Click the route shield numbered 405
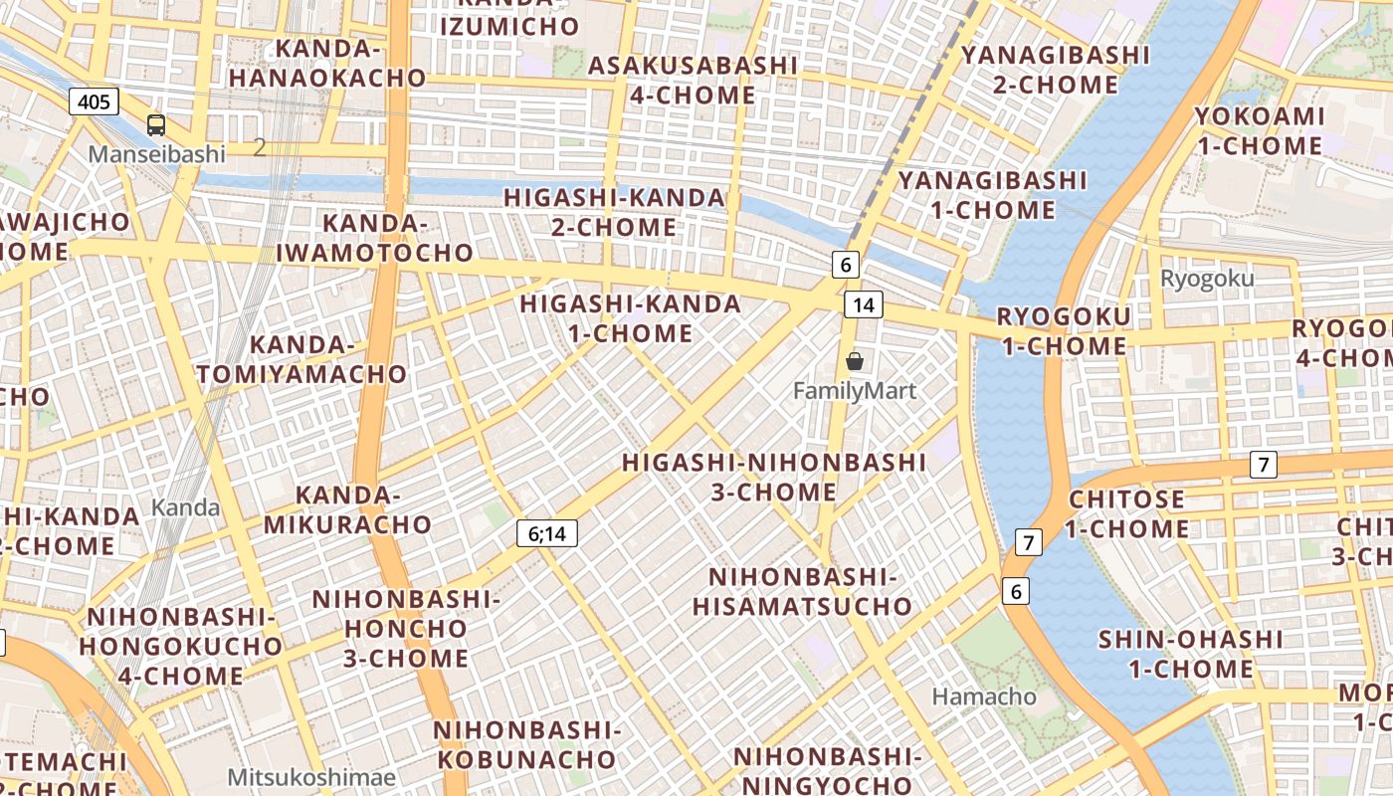coord(95,100)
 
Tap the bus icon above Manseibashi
coord(156,124)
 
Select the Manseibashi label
coord(156,154)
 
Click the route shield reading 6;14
coord(546,533)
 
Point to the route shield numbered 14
coord(863,304)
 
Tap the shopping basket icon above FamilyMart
coord(854,361)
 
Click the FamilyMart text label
coord(854,391)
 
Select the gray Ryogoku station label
coord(1207,279)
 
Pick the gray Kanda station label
coord(185,507)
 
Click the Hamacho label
coord(984,696)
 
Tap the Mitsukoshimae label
coord(310,777)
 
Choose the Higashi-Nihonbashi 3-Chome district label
coord(773,477)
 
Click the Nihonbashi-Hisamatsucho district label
coord(802,591)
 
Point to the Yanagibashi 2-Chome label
coord(1055,69)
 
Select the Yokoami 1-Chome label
coord(1259,130)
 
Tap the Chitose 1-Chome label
coord(1126,513)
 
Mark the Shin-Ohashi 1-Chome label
coord(1190,654)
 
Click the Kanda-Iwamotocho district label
coord(374,237)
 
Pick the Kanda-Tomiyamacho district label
coord(301,359)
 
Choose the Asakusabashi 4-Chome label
coord(693,80)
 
